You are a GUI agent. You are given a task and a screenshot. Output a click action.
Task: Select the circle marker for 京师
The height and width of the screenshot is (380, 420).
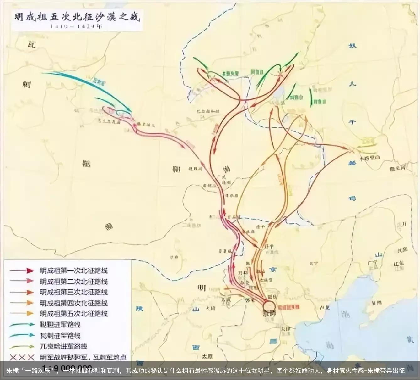click(269, 305)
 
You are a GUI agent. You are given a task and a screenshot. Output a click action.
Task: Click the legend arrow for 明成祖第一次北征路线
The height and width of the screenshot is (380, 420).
click(22, 271)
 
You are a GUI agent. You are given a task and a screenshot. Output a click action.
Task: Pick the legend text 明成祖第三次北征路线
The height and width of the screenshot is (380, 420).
click(73, 292)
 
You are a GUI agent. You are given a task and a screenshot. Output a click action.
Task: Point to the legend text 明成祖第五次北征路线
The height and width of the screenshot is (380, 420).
click(73, 314)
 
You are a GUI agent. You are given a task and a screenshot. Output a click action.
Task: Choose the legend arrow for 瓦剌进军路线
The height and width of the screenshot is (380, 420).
click(22, 335)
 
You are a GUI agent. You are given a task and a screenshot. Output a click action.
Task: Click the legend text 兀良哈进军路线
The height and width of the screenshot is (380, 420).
click(63, 346)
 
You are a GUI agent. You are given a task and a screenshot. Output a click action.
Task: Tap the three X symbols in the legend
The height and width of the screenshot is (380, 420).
click(22, 357)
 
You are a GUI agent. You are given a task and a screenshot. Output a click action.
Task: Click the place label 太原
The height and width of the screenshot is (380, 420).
click(207, 356)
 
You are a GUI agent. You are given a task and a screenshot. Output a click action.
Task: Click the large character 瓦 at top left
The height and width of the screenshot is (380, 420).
click(31, 44)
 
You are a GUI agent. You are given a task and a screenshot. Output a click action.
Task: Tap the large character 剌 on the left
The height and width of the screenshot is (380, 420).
click(26, 84)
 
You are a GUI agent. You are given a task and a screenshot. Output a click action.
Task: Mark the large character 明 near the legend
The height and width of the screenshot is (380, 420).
click(201, 288)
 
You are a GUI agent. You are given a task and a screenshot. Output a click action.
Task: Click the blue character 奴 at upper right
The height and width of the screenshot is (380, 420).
click(352, 46)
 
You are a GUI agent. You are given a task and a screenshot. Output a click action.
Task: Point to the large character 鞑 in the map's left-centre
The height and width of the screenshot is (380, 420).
click(86, 163)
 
